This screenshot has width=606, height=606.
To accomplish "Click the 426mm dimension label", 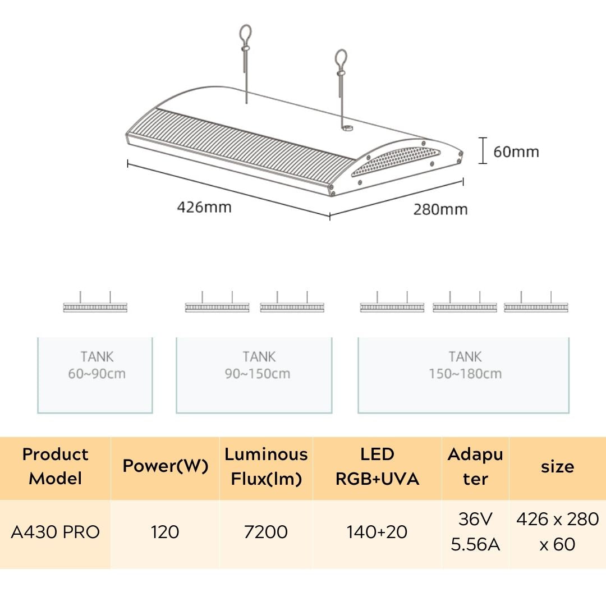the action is point(204,207).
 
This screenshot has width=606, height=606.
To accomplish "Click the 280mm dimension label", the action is point(440,209).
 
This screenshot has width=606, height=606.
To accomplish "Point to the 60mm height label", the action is point(516,151).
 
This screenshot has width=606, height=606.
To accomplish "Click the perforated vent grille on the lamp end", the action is point(396,161).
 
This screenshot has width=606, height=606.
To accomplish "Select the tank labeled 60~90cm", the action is point(95,375).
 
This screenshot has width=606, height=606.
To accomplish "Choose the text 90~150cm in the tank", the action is point(258,374).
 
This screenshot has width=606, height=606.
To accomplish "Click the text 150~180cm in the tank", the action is point(465,374).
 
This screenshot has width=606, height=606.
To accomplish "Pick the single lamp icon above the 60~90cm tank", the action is point(95,302).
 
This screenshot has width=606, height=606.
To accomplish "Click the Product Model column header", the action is point(55,466).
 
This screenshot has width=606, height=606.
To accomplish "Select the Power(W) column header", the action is point(166,466).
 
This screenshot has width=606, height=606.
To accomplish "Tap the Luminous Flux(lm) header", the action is point(267,466).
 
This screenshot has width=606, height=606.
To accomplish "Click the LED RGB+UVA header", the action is point(377,466).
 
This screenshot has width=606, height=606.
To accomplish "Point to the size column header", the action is point(557,466).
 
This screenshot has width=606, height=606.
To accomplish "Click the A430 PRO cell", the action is point(55,532).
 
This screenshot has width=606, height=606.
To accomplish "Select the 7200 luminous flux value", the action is point(266,532).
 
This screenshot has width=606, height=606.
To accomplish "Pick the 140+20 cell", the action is point(377,532).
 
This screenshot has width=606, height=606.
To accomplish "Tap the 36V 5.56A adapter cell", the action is point(475,532).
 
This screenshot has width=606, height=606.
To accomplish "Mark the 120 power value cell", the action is point(165,532).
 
